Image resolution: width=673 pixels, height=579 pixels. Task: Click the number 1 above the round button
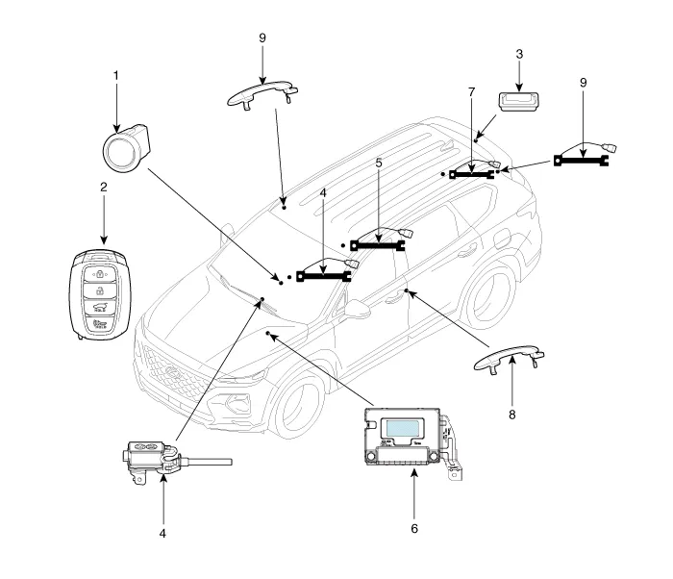click(x=115, y=74)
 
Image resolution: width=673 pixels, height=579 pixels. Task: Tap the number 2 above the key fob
click(x=102, y=188)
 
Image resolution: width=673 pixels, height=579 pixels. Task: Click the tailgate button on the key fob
click(x=99, y=308)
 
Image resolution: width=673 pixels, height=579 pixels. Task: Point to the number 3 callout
click(x=519, y=54)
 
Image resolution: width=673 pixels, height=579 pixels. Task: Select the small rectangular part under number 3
click(x=517, y=99)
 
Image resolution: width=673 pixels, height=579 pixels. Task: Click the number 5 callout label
click(x=379, y=164)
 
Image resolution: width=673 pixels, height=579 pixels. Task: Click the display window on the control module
click(x=404, y=430)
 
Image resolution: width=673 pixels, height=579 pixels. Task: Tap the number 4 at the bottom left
click(x=162, y=532)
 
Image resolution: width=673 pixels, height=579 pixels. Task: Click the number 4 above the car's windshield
click(x=324, y=192)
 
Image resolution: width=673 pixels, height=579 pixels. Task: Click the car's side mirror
click(x=357, y=311)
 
